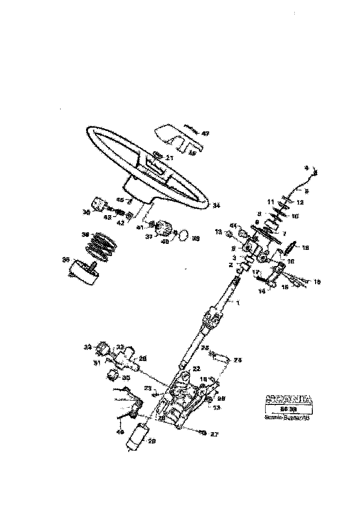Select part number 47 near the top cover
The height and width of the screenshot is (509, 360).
(205, 134)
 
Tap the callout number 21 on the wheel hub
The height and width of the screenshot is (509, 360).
(169, 158)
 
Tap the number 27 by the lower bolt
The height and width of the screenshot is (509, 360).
(214, 434)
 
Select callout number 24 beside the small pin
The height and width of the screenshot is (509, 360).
(238, 360)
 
